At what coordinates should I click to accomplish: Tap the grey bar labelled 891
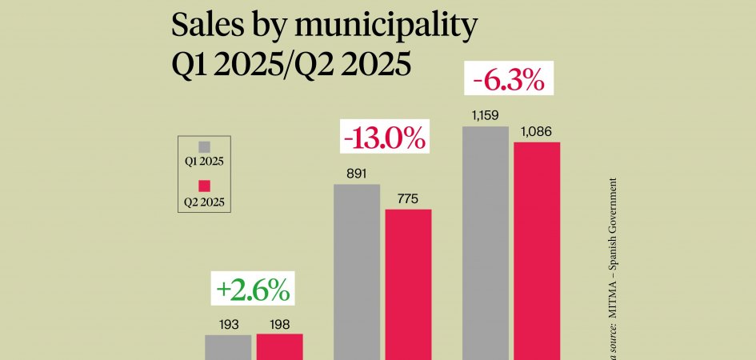[356, 272]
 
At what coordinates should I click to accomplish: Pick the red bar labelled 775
[408, 284]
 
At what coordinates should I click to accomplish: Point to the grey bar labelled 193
[228, 347]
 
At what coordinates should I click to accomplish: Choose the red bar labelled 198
[279, 346]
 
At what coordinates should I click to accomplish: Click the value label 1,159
[485, 117]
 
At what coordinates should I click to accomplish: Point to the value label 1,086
[536, 131]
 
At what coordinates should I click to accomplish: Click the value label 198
[279, 324]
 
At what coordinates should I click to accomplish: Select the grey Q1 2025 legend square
[204, 146]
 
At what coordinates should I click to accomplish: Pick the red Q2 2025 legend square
[204, 186]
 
